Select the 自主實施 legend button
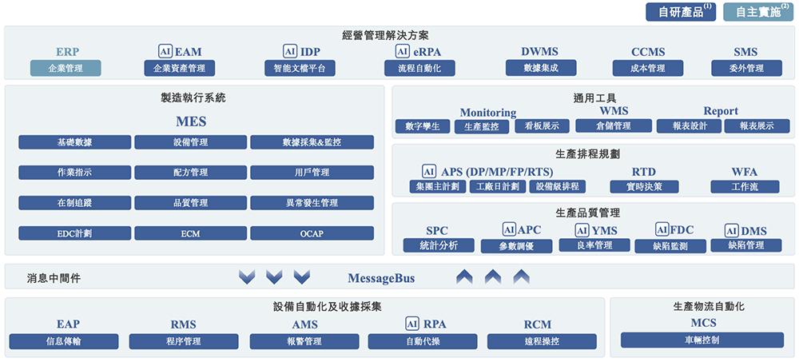(753, 12)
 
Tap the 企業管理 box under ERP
(66, 68)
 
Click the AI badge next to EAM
(165, 51)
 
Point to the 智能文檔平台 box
(300, 68)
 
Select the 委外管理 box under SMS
(745, 68)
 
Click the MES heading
(191, 122)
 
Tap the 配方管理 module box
(190, 172)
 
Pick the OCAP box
(312, 233)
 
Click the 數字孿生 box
(423, 125)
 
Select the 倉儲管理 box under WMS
(613, 125)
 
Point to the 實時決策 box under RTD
(643, 186)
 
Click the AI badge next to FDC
(662, 229)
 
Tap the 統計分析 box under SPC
(438, 245)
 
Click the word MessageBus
(381, 278)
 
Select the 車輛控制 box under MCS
(702, 340)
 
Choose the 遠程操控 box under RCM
(538, 341)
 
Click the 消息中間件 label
(54, 278)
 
